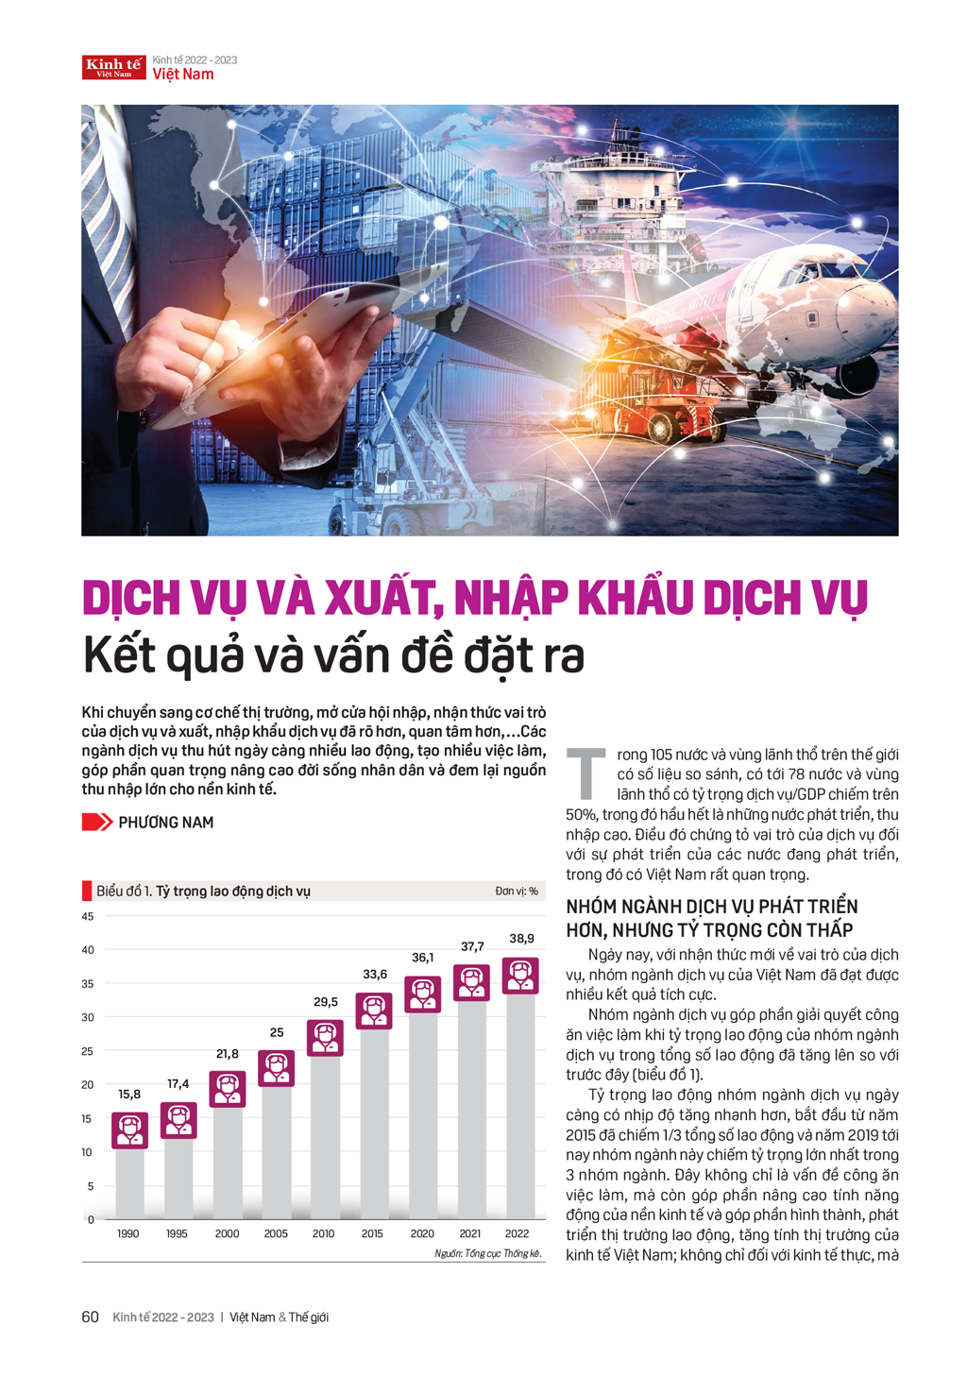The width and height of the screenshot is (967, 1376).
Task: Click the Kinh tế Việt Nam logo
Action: (113, 67)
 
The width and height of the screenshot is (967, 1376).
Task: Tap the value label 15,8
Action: (129, 1094)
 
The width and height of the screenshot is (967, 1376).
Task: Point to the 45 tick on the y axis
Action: (88, 916)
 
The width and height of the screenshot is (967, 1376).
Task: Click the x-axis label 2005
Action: (276, 1233)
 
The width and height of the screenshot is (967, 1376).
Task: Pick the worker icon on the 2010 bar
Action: (325, 1038)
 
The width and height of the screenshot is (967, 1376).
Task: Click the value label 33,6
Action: (375, 974)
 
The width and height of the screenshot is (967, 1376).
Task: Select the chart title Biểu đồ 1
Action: (203, 891)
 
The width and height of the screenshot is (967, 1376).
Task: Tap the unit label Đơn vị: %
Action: (517, 891)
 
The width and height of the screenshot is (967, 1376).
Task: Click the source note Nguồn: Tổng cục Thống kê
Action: (488, 1253)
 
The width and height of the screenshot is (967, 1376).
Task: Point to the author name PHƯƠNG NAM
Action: (165, 823)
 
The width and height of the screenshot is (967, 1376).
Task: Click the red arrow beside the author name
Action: (96, 822)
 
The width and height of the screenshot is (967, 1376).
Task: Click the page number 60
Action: (91, 1317)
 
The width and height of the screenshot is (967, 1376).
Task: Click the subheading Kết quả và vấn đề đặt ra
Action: (333, 654)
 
